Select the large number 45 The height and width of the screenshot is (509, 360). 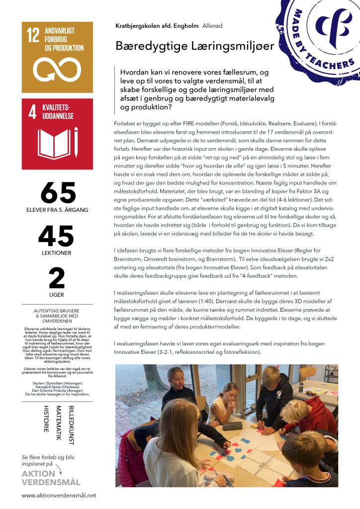[57, 236]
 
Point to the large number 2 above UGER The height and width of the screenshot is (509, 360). [57, 278]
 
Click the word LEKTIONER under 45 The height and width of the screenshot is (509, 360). [57, 253]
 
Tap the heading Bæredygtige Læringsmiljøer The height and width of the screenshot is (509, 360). [188, 46]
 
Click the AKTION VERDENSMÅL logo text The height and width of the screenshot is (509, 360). [51, 478]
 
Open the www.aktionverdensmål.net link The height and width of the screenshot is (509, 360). [59, 496]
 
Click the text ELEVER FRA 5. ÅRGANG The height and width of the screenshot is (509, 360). [57, 210]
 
